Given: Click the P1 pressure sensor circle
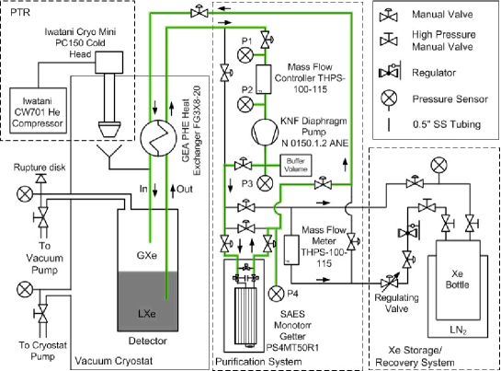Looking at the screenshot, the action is (245, 54).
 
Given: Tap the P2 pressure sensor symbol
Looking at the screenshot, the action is (245, 104).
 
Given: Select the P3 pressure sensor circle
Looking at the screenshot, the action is (265, 183).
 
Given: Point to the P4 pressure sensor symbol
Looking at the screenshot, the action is (276, 294).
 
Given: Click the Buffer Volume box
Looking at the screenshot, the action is (296, 165).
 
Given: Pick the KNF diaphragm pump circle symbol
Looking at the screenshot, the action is (265, 133).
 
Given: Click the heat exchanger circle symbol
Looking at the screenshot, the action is (158, 138).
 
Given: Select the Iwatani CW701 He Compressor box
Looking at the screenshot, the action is (38, 110).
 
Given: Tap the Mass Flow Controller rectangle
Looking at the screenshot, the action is (264, 79).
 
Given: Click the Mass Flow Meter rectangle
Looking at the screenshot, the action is (291, 249).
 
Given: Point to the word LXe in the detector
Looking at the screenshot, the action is (147, 313).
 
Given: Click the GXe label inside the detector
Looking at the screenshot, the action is (147, 255).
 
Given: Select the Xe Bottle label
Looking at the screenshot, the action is (457, 279).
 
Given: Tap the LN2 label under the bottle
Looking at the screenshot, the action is (458, 330).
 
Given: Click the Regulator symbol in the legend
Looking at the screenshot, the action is (390, 73).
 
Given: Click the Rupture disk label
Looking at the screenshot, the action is (40, 168).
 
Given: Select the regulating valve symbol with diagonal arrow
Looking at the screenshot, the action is (390, 283).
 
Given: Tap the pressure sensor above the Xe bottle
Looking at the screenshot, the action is (438, 166).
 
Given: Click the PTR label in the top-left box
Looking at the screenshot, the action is (20, 12).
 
